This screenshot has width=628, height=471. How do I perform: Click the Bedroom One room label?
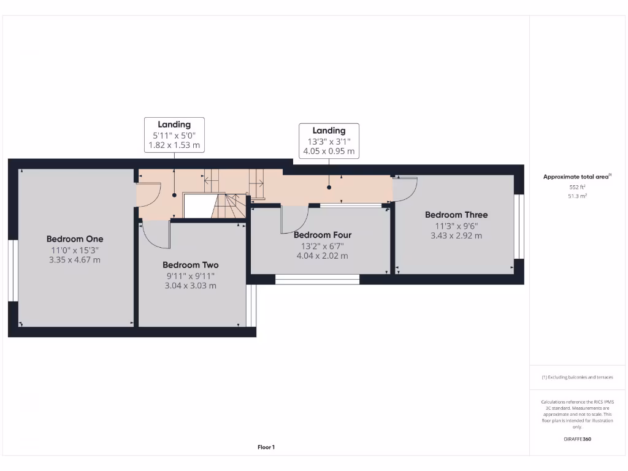tap(75, 239)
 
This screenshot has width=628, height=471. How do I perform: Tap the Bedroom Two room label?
tap(190, 265)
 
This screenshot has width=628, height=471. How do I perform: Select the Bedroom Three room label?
tap(456, 215)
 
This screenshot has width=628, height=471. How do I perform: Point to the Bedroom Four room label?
tap(323, 235)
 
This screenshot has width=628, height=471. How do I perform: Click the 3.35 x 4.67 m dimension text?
tap(75, 260)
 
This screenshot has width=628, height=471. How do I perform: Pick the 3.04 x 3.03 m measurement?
tap(190, 286)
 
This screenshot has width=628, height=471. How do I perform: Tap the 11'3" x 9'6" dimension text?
tap(456, 225)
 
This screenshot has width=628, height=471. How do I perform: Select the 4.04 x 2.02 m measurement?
tap(323, 256)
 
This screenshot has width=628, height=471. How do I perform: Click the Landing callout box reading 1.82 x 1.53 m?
tap(174, 135)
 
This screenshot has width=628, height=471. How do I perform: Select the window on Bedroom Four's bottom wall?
tap(317, 280)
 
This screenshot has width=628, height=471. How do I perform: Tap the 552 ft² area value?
tap(577, 187)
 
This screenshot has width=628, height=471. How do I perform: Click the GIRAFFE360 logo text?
tap(577, 439)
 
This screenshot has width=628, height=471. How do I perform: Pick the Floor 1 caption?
tap(266, 448)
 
